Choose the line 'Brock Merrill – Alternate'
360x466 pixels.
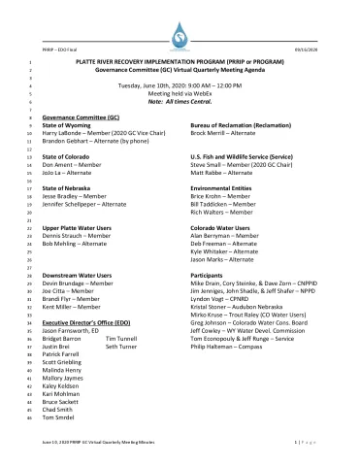click(x=224, y=133)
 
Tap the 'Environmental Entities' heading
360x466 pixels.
click(x=222, y=186)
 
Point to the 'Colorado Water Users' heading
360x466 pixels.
click(x=221, y=226)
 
